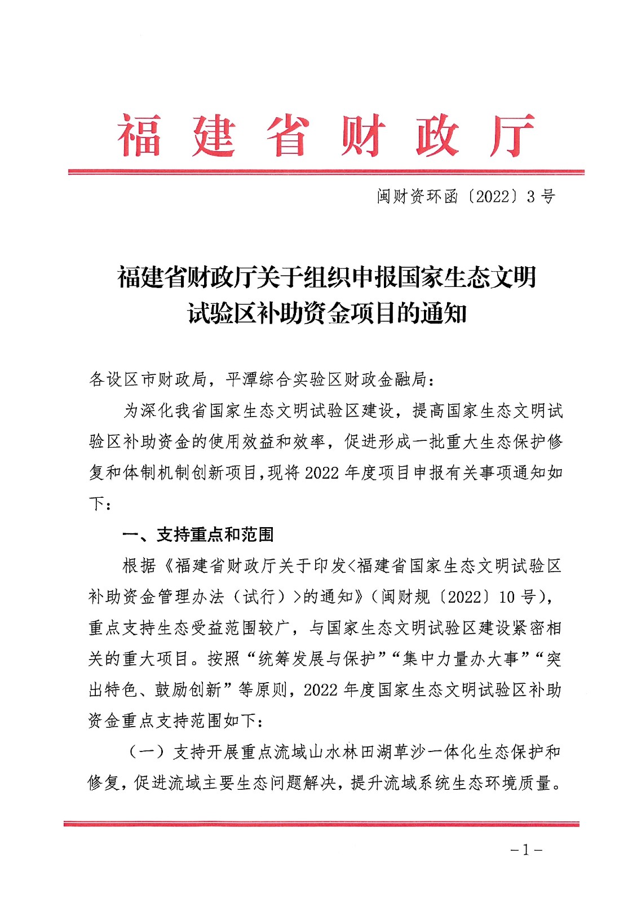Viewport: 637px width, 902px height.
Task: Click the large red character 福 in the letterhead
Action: point(139,136)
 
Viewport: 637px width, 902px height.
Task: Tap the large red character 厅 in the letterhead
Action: point(512,136)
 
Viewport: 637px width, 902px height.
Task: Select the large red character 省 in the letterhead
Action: point(288,136)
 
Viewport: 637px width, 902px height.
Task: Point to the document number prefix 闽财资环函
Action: point(417,197)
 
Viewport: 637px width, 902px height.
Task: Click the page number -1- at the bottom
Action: point(526,850)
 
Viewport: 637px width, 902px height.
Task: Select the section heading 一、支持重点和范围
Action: point(198,534)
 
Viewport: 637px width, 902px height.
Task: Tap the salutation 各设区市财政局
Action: point(148,379)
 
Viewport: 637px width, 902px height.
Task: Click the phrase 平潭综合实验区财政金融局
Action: point(326,379)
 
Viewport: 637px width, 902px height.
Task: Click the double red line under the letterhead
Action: point(326,171)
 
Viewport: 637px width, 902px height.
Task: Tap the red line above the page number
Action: point(321,824)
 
